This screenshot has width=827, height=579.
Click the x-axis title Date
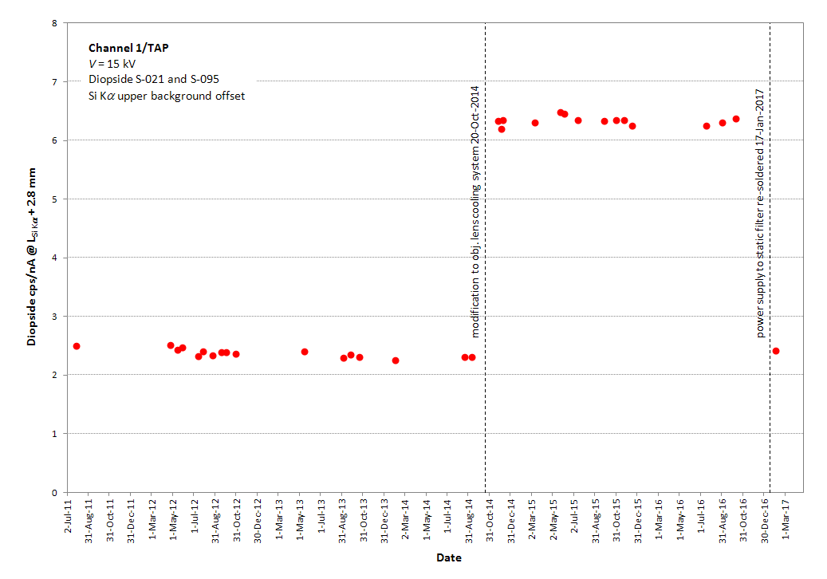tap(448, 558)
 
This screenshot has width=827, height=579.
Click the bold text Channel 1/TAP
tap(128, 48)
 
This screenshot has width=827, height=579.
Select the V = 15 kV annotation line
tap(112, 64)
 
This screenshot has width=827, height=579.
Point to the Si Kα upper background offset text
tap(167, 96)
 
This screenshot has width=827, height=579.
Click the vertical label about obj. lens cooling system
tap(475, 211)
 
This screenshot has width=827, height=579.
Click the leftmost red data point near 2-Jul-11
tap(77, 346)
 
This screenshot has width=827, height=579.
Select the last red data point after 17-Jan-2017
tap(776, 351)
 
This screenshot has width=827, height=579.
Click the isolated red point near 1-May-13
tap(305, 352)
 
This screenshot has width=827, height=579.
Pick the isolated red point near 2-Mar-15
tap(535, 123)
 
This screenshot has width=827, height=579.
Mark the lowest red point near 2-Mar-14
tap(396, 360)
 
